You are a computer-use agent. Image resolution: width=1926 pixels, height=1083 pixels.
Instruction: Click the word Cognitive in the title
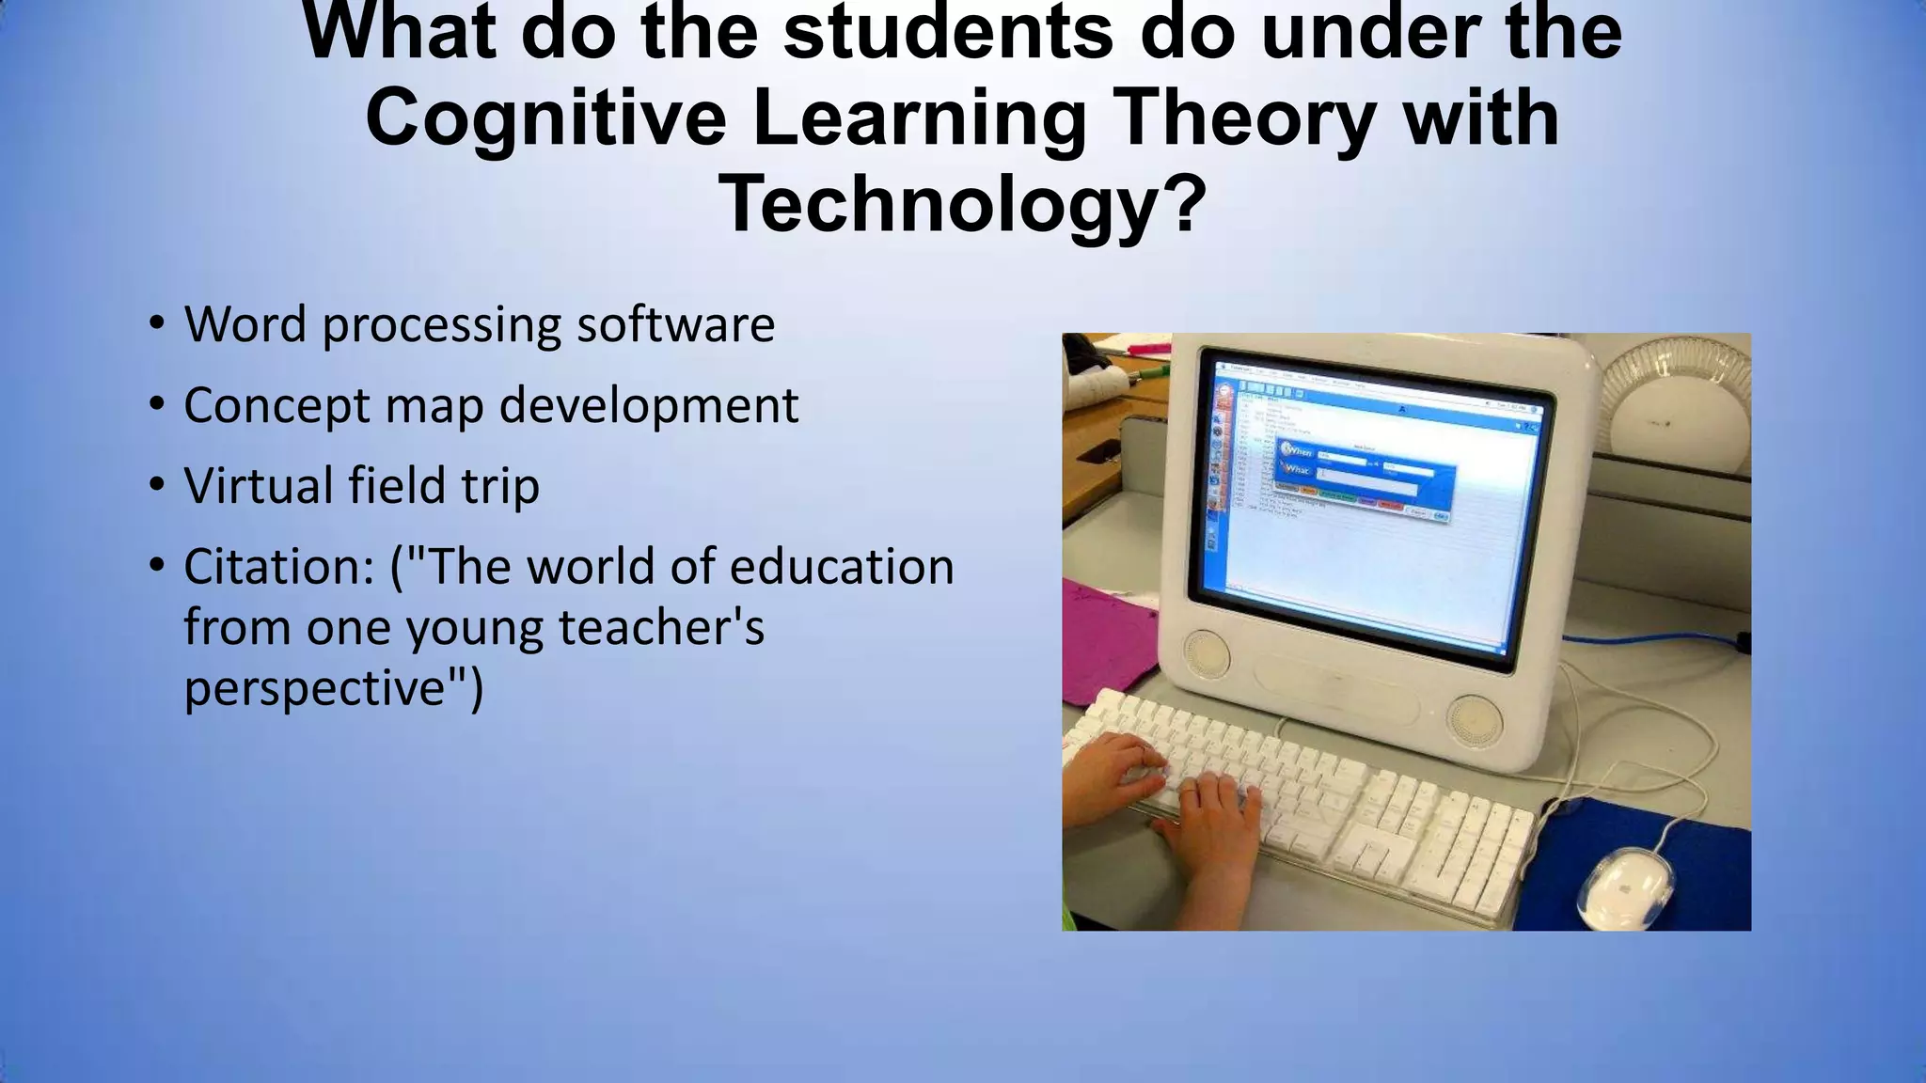pos(545,118)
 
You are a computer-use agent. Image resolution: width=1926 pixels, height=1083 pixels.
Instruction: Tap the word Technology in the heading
pos(940,205)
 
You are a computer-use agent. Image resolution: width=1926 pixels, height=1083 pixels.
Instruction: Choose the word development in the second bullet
pos(648,406)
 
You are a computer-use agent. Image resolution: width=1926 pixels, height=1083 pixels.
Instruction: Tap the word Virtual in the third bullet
pos(259,486)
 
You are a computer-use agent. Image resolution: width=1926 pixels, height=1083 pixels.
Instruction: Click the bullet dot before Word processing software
pos(157,324)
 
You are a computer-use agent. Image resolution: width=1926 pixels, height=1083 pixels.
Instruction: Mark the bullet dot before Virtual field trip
pos(157,486)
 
